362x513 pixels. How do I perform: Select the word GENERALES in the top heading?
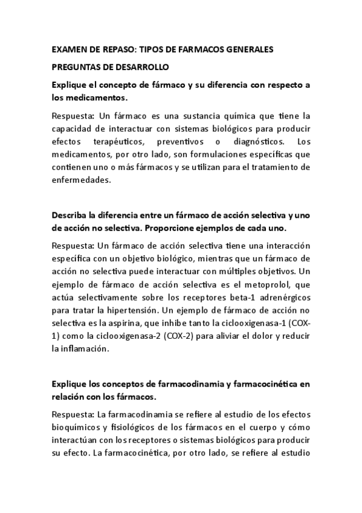(247, 48)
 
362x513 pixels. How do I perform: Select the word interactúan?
(76, 440)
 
